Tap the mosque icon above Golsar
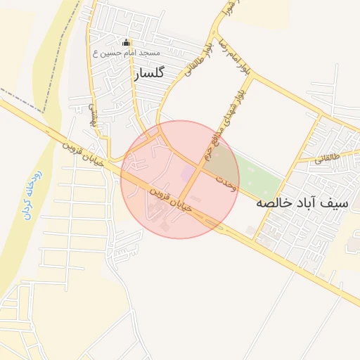[127, 42]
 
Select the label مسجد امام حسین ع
[127, 53]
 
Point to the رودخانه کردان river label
[32, 193]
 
